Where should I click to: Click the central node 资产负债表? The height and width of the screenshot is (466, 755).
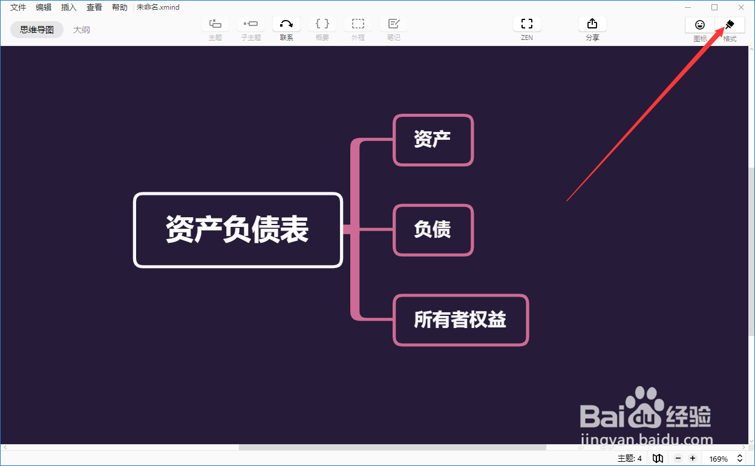[x=238, y=230]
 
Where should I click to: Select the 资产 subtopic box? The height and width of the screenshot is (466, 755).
[x=433, y=140]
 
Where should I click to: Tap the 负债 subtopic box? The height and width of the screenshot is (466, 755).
[x=433, y=230]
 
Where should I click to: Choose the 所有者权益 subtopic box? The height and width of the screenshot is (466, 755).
[x=460, y=320]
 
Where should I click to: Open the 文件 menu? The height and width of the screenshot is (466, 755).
[x=18, y=7]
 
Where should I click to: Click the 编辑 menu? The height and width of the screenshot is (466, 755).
[x=44, y=7]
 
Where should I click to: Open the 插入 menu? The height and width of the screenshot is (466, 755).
[x=69, y=7]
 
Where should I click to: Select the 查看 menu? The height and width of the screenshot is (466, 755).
[x=94, y=7]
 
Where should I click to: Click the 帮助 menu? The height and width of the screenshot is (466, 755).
[x=120, y=7]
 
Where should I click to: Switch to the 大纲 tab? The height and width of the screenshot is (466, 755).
[x=82, y=30]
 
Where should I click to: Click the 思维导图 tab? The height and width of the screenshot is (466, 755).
[x=37, y=30]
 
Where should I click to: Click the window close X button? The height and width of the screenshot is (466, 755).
[x=741, y=7]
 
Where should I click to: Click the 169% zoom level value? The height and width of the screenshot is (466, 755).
[x=719, y=459]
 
